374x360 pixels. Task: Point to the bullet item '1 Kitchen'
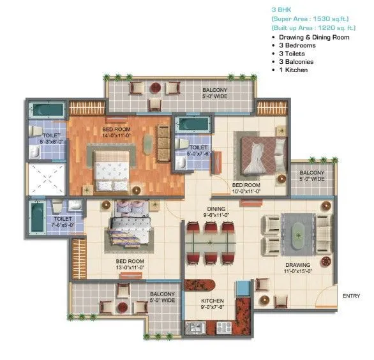(292, 70)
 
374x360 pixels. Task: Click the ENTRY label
(351, 296)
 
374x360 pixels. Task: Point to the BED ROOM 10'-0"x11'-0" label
(245, 186)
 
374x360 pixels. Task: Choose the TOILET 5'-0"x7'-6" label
(199, 149)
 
